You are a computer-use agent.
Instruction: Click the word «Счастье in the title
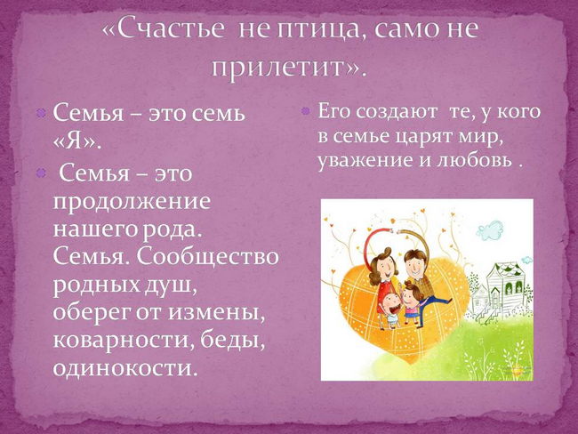[163, 29]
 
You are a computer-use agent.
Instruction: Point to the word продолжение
[132, 203]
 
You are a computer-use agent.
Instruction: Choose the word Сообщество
[208, 257]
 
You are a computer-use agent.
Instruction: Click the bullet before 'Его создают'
[305, 110]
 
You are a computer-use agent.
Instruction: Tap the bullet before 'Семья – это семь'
[41, 112]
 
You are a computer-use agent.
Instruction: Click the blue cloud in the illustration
[490, 229]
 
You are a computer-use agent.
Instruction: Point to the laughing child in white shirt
[389, 309]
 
